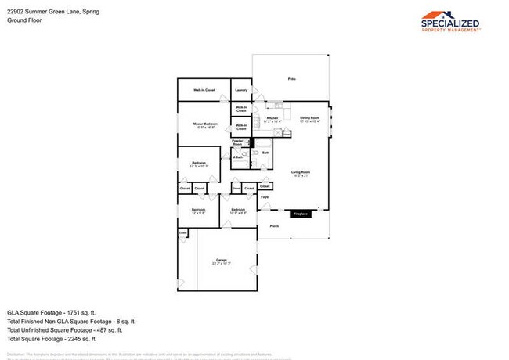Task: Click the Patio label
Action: [291, 80]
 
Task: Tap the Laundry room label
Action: [241, 90]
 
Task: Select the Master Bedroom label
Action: [205, 125]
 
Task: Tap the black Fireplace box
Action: [301, 214]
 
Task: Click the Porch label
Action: [274, 226]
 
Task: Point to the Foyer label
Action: [265, 197]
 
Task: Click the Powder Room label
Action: [237, 142]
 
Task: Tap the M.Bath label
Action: [237, 158]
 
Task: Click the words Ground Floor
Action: [23, 20]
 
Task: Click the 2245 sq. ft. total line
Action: [52, 338]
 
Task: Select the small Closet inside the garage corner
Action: [182, 232]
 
